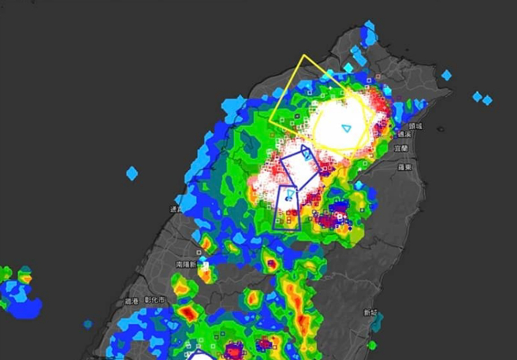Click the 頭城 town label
click(x=415, y=126)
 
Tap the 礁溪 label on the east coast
click(x=404, y=135)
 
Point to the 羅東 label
click(x=405, y=167)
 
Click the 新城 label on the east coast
click(x=370, y=313)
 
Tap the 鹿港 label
click(x=131, y=301)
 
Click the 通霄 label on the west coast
click(x=174, y=209)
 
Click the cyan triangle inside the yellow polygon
click(x=346, y=128)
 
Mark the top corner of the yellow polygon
click(x=303, y=56)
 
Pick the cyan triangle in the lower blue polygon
click(x=289, y=194)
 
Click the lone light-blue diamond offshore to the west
click(x=132, y=173)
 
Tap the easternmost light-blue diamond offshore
click(x=487, y=100)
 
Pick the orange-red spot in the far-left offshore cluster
click(x=24, y=278)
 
